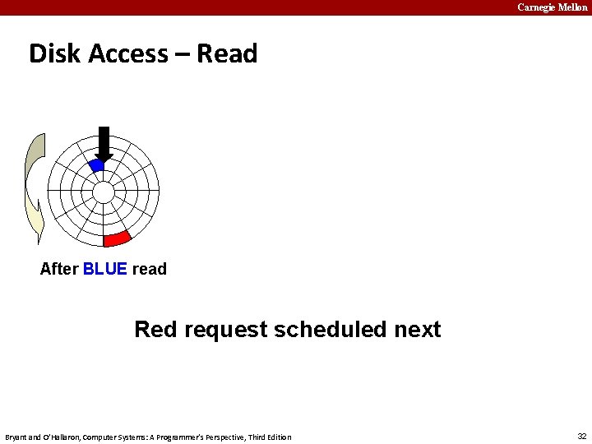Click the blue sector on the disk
coord(96,165)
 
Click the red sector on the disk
coord(118,238)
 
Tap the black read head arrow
coord(104,142)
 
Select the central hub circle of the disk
coord(104,192)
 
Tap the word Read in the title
coord(227,53)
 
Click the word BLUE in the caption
coord(105,269)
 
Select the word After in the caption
coord(59,269)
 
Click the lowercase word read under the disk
coord(149,269)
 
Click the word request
coord(226,330)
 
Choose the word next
coord(418,330)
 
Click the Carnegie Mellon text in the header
coord(552,7)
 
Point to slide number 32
coord(582,436)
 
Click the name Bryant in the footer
coord(17,437)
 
